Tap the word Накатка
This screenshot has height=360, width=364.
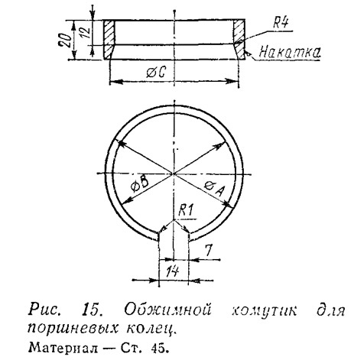pos(290,52)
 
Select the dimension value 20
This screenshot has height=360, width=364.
pos(65,40)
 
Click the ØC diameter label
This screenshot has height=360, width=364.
pos(156,73)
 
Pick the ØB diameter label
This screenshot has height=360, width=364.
pos(139,185)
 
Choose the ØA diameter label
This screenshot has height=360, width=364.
pos(215,188)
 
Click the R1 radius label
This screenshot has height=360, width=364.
pos(186,211)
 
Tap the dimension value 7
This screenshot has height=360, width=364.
pos(209,250)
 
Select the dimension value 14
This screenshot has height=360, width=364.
pos(173,271)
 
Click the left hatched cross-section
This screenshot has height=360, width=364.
pos(109,40)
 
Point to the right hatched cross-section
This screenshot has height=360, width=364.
pos(239,40)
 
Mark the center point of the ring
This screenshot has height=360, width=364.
pos(174,174)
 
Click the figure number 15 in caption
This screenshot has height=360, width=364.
pos(91,310)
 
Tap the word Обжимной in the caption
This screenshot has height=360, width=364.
pos(167,310)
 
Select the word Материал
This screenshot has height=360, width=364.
pos(63,348)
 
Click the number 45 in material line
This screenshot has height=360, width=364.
pos(159,348)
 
